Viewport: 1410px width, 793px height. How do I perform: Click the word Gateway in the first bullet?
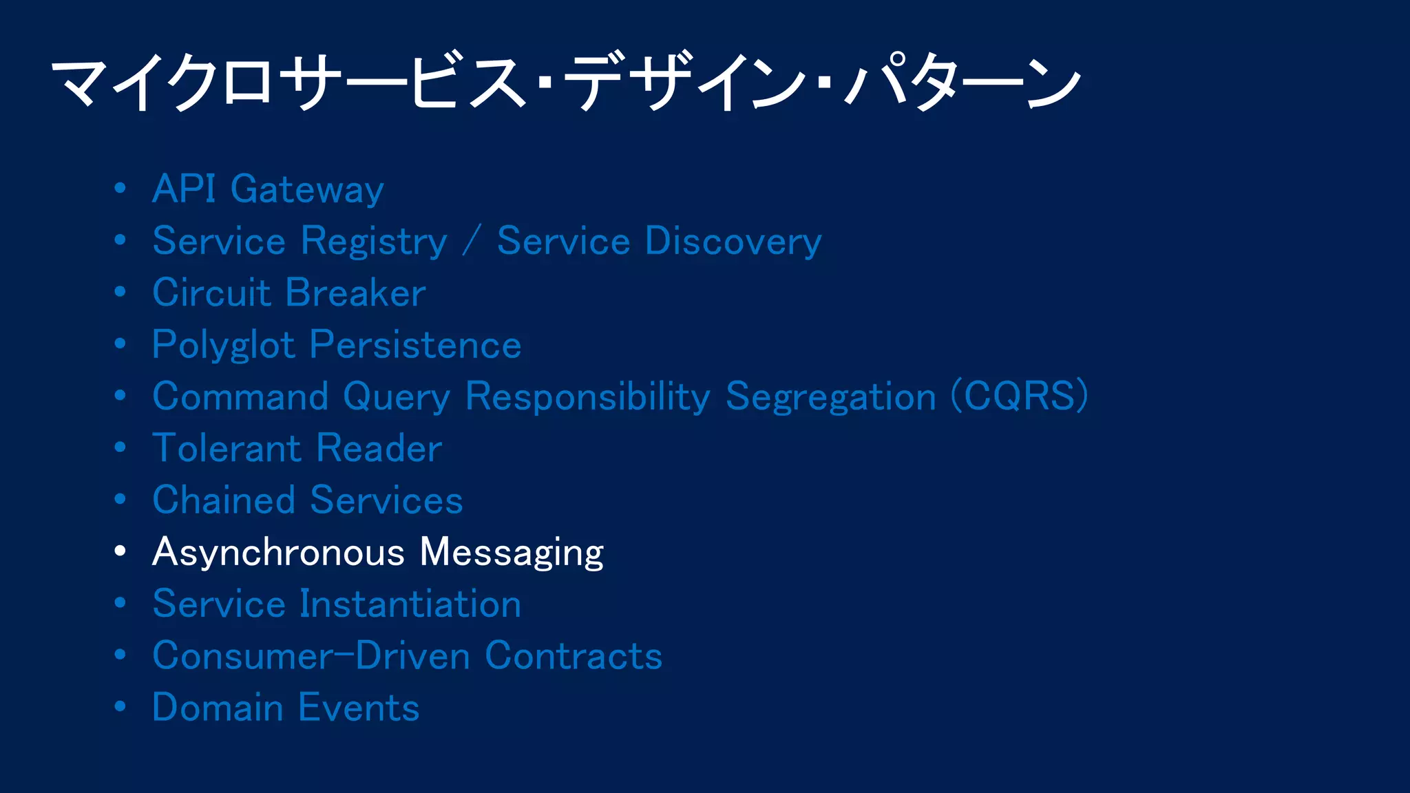[x=307, y=190]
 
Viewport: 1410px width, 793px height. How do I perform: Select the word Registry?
[x=375, y=242]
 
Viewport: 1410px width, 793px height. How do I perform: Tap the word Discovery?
[x=733, y=242]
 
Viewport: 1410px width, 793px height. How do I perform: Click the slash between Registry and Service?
[x=472, y=242]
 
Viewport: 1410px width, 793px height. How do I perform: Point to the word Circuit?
[x=211, y=293]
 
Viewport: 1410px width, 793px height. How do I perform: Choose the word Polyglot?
[x=223, y=346]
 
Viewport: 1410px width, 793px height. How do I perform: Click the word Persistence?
[x=415, y=346]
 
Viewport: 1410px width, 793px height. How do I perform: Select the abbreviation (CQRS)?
[x=1019, y=396]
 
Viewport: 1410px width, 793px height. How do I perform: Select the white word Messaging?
[x=512, y=553]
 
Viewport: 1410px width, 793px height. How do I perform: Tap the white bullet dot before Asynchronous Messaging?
[x=120, y=551]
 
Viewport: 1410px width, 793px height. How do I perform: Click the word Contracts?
[x=573, y=656]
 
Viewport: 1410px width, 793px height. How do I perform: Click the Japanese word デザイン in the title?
[x=688, y=83]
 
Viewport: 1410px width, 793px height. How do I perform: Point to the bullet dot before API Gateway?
[x=120, y=188]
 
